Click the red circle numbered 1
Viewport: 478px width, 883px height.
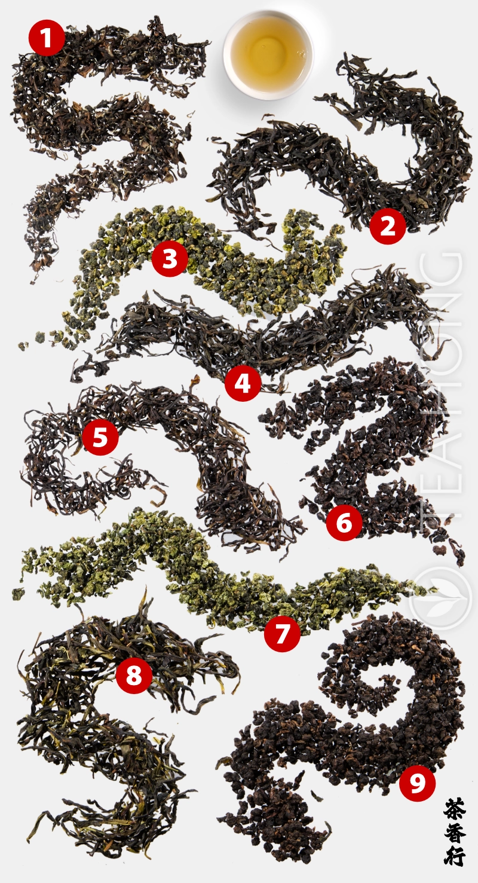click(47, 38)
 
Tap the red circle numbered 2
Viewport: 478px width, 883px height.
click(388, 226)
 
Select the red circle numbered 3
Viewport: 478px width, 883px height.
click(170, 259)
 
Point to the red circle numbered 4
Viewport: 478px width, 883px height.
click(243, 383)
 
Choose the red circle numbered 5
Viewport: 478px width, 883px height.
click(100, 437)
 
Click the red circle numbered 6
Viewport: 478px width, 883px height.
click(345, 523)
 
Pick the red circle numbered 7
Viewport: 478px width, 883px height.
click(282, 633)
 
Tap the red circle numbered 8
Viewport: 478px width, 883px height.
click(134, 676)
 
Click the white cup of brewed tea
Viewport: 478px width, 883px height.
click(268, 54)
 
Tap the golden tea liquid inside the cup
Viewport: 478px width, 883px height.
click(268, 53)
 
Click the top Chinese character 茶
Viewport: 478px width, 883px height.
click(455, 810)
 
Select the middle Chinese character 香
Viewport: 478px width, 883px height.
click(455, 833)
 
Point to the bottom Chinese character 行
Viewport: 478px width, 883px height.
click(455, 855)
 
